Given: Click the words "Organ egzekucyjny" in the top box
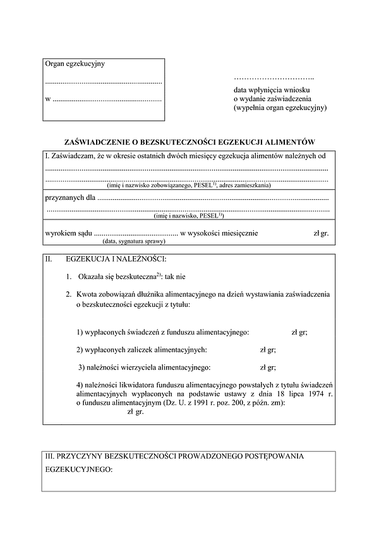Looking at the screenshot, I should (x=75, y=65).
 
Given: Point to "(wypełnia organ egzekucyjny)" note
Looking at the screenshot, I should (x=279, y=108).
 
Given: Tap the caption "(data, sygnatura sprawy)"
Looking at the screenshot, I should (x=133, y=241).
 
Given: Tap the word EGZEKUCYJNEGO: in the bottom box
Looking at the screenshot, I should (x=80, y=471).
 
